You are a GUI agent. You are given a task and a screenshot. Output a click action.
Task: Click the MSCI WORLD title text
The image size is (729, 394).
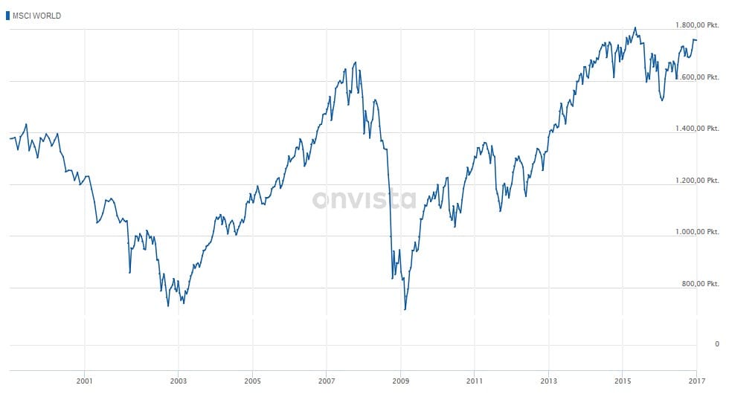tap(37, 16)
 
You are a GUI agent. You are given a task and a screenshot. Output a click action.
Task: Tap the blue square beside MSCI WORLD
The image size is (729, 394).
tap(8, 16)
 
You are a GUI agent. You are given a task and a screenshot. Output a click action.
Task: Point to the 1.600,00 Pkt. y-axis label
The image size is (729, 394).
tap(697, 77)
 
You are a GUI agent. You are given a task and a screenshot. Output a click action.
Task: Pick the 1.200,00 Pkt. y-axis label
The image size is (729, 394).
tap(697, 181)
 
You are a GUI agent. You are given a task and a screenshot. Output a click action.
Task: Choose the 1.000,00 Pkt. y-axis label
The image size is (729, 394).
tap(697, 232)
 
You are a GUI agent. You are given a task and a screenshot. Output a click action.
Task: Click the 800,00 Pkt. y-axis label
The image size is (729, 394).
tap(701, 284)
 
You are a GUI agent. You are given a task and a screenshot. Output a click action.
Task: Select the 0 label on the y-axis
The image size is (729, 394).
tap(716, 344)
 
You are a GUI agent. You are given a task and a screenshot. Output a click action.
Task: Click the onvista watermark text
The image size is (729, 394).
tap(364, 199)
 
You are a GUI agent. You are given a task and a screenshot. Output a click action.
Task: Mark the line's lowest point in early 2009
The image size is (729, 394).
tap(405, 309)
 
